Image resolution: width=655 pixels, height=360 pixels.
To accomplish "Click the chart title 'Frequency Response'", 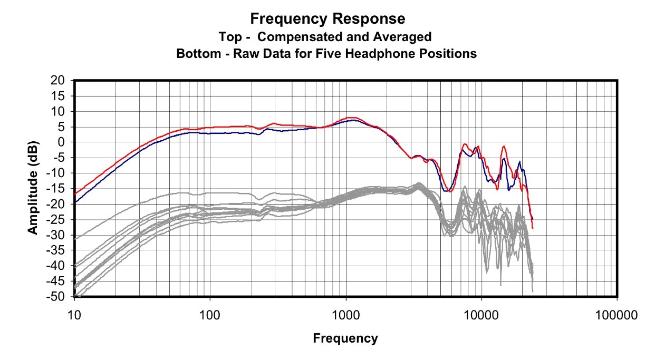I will pos(327,19).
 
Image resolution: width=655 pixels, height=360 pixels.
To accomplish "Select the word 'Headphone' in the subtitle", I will pos(397,53).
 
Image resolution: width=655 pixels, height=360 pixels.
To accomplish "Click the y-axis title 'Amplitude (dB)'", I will pos(33,188).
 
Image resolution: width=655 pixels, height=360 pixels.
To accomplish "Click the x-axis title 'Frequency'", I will pos(345,338).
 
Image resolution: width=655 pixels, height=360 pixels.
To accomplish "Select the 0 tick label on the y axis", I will pos(63,142).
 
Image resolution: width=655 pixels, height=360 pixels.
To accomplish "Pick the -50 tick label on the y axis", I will pos(58,297).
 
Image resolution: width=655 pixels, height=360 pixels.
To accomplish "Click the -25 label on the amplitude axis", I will pos(58,220).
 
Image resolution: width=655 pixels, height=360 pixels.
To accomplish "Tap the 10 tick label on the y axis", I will pos(60,111).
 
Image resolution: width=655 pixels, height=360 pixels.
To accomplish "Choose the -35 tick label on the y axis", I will pos(58,251).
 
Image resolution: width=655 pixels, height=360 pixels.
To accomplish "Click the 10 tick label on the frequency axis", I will pos(74,316).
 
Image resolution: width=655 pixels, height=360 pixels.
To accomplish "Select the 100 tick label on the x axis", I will pos(210,316).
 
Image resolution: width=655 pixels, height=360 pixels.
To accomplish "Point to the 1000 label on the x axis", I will pos(345,316).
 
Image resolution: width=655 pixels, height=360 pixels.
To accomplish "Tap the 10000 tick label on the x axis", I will pos(481,316).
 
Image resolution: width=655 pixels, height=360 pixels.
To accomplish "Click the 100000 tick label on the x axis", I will pos(617,316).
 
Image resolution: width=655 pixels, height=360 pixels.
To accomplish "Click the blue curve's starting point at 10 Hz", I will pos(75,202).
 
